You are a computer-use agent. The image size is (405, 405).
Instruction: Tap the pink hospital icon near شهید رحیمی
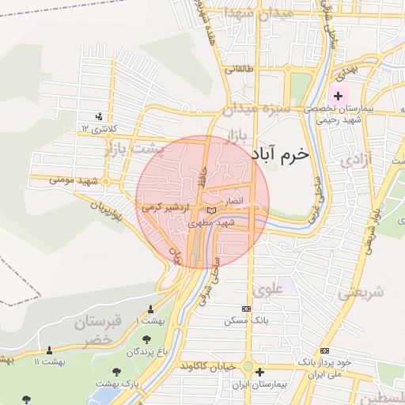tap(339, 96)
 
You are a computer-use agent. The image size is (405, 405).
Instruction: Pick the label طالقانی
tap(240, 68)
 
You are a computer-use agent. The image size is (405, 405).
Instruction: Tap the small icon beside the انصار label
tap(210, 210)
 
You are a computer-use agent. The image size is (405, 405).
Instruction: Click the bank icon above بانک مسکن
tap(246, 308)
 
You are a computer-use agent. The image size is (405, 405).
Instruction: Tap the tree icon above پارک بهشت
tap(116, 370)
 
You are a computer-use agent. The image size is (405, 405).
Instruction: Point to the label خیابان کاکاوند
tap(208, 366)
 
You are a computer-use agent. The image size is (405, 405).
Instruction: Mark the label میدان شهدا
tap(247, 13)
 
